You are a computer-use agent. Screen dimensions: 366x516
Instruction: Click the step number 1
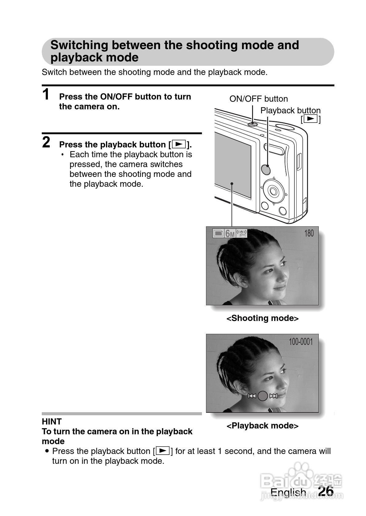coord(46,94)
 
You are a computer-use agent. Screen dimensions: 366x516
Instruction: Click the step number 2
coord(46,142)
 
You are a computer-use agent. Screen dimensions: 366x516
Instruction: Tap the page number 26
coord(326,491)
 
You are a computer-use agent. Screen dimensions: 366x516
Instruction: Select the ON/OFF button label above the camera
coord(259,99)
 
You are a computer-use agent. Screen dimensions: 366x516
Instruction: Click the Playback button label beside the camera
coord(290,111)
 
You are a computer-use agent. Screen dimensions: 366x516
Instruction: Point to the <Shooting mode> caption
coord(262,318)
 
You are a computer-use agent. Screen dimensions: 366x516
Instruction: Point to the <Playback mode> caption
coord(262,426)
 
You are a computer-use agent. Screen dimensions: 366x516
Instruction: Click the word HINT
coord(52,421)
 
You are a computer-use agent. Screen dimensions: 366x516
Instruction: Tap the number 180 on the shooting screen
coord(309,233)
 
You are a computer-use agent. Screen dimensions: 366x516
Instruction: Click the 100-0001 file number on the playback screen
coord(301,342)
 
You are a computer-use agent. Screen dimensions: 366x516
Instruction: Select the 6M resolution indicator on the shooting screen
coord(230,234)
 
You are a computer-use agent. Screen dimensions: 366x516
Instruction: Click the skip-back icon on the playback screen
coord(252,396)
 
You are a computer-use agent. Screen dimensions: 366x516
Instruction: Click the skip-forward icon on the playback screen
coord(273,396)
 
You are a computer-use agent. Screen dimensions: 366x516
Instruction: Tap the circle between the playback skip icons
coord(263,396)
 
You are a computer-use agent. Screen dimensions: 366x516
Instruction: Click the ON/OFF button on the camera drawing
coord(253,124)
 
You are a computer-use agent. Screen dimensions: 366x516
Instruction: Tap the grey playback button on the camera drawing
coord(266,169)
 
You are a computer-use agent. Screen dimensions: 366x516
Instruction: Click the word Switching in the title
coord(79,45)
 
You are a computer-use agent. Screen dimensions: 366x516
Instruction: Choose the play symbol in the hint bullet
coord(163,451)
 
